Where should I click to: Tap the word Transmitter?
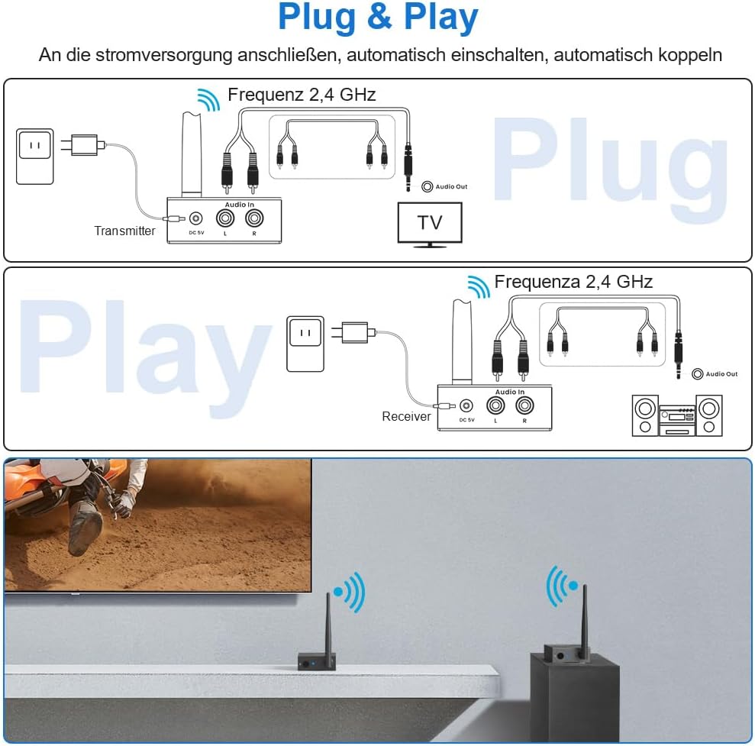(124, 231)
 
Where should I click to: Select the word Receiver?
(406, 416)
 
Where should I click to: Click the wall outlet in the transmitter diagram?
(34, 157)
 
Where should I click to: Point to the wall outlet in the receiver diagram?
(305, 344)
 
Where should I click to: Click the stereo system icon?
(677, 415)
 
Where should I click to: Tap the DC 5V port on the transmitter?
(195, 218)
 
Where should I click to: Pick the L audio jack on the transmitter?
(225, 218)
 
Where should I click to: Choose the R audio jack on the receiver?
(525, 405)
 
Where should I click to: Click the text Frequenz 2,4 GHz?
(302, 95)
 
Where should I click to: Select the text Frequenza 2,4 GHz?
(573, 282)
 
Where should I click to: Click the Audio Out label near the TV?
(451, 186)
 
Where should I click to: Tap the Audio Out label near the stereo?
(721, 373)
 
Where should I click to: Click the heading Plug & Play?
(378, 18)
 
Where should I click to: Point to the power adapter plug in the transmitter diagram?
(82, 145)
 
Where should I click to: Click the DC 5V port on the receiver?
(466, 406)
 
